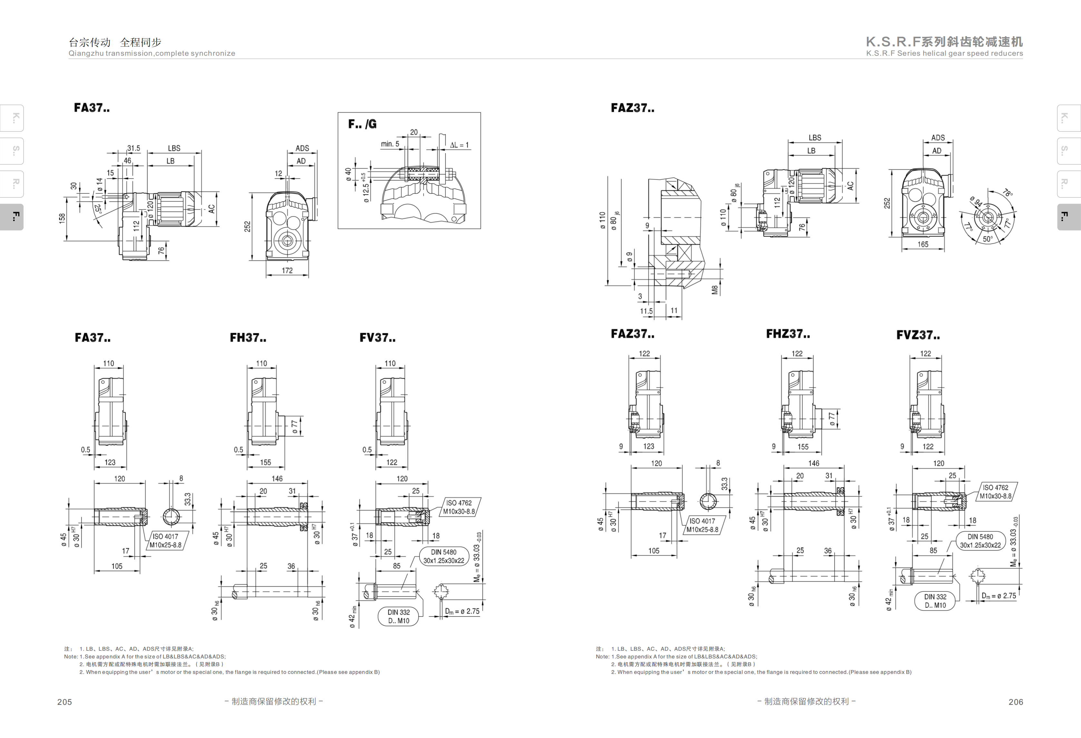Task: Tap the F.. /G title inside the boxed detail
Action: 362,124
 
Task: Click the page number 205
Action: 65,702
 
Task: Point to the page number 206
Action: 1016,702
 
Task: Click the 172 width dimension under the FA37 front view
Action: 287,271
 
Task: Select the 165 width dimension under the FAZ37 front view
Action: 923,244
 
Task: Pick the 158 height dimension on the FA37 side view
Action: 62,218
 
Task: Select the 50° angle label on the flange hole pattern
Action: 988,239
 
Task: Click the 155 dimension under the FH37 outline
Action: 266,462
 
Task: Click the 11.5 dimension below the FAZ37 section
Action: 646,311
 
